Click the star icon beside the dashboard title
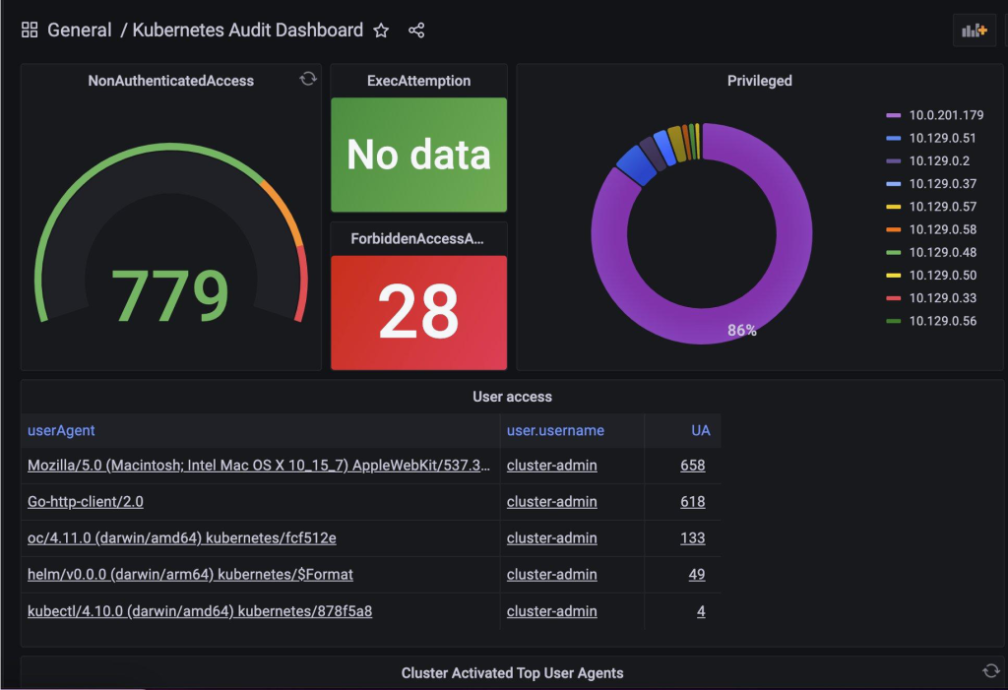pos(381,31)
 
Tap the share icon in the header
pos(416,31)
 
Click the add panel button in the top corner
pos(975,31)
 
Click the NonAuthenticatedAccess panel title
pos(170,81)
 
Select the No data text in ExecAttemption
pos(418,155)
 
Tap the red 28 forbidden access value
pos(418,311)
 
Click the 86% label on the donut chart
pos(742,331)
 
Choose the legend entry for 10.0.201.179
pos(946,115)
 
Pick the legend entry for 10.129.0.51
pos(942,138)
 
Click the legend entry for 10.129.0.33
pos(942,297)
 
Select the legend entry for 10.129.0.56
pos(942,320)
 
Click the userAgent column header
pos(61,430)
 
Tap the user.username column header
pos(555,430)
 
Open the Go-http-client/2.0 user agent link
pos(86,501)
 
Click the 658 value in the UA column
pos(692,465)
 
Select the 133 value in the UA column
pos(692,537)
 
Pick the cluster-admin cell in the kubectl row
pos(551,611)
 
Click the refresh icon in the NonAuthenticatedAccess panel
pos(308,79)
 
